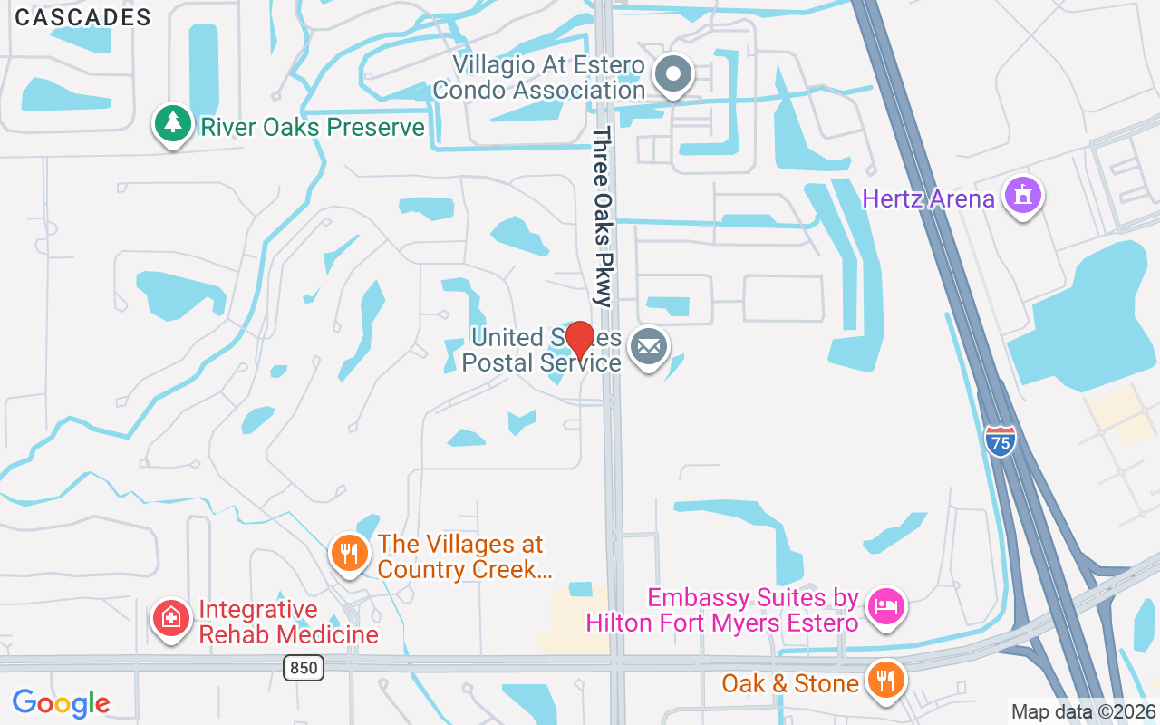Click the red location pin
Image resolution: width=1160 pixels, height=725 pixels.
579,342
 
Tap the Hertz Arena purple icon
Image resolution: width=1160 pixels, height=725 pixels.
1024,195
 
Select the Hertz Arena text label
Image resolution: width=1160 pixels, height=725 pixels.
928,199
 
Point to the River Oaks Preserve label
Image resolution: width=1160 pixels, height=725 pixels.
313,127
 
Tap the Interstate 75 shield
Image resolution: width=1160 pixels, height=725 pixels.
1000,441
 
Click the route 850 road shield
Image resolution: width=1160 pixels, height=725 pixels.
303,669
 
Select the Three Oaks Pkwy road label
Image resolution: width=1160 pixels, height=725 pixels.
603,216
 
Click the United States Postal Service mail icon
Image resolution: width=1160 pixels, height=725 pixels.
649,347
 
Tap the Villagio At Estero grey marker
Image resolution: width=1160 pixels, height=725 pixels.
673,73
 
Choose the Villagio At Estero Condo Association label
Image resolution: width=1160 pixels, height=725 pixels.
539,78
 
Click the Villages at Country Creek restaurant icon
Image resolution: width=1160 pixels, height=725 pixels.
348,552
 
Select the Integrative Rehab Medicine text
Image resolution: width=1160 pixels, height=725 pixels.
288,622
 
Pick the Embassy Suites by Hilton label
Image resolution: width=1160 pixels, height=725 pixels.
721,611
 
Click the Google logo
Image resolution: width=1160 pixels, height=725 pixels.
62,702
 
